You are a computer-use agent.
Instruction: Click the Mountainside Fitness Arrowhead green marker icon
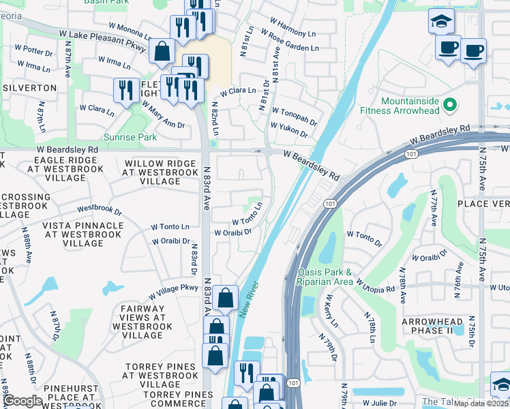pyautogui.click(x=449, y=105)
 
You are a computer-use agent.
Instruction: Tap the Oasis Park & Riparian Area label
pyautogui.click(x=325, y=277)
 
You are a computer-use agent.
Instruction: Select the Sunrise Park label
pyautogui.click(x=130, y=137)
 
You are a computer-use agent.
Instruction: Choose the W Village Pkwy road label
pyautogui.click(x=174, y=292)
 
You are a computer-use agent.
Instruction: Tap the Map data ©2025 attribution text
pyautogui.click(x=481, y=404)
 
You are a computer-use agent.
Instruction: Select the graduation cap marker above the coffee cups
pyautogui.click(x=441, y=20)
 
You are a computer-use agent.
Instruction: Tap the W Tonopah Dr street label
pyautogui.click(x=294, y=112)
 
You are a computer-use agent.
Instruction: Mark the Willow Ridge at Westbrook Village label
pyautogui.click(x=151, y=172)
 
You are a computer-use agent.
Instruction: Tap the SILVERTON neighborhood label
pyautogui.click(x=29, y=88)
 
